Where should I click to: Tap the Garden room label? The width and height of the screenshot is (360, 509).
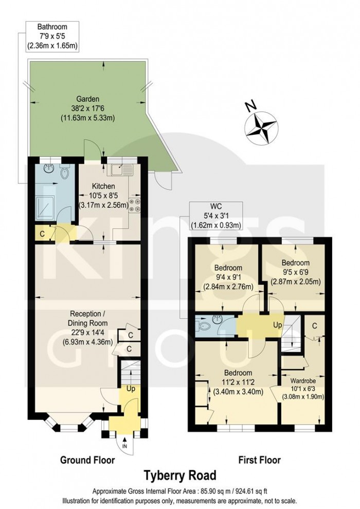tap(87, 108)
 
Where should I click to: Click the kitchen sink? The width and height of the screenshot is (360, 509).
tap(121, 167)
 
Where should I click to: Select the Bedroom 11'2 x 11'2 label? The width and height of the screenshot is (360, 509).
tap(238, 381)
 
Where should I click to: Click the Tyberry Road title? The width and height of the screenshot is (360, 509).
tap(179, 474)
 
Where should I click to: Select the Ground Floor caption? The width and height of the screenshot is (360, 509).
tap(87, 460)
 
